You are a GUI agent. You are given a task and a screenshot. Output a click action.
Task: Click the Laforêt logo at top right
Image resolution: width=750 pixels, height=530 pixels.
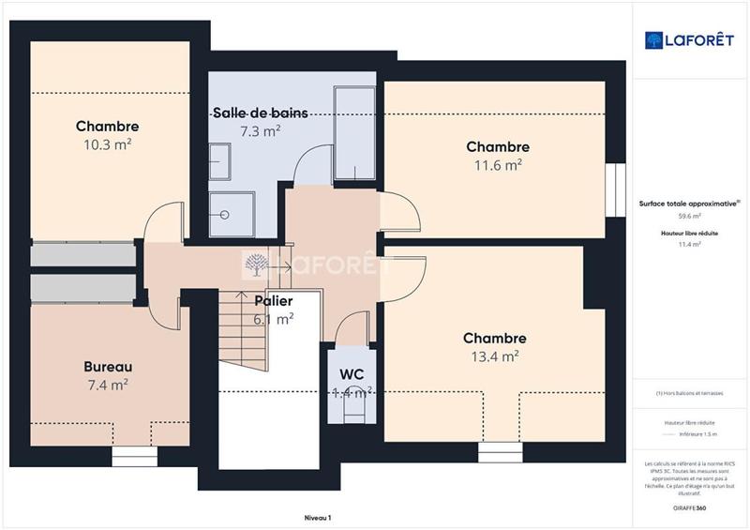(687, 39)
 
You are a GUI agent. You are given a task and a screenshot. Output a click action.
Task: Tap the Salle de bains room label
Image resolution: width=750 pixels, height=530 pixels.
(260, 113)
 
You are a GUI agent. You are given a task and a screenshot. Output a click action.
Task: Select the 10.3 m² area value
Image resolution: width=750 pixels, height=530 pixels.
(107, 145)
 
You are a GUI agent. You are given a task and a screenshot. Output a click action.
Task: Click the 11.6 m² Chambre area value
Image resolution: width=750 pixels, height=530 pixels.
(498, 166)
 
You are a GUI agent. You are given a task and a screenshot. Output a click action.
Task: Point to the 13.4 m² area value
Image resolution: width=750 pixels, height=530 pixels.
(495, 356)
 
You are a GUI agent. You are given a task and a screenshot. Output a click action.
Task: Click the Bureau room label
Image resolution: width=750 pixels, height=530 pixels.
(108, 366)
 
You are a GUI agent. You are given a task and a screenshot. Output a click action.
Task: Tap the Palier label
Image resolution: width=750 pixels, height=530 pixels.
(274, 301)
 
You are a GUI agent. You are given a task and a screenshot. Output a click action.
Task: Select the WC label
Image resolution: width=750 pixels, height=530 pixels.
(352, 374)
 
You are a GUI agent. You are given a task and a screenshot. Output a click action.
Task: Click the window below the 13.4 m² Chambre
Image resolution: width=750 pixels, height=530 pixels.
(498, 452)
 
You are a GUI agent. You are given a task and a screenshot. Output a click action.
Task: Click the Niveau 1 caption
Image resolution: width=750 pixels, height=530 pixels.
(318, 518)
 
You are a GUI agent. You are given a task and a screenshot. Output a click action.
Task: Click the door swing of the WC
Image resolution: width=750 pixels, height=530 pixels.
(352, 328)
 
